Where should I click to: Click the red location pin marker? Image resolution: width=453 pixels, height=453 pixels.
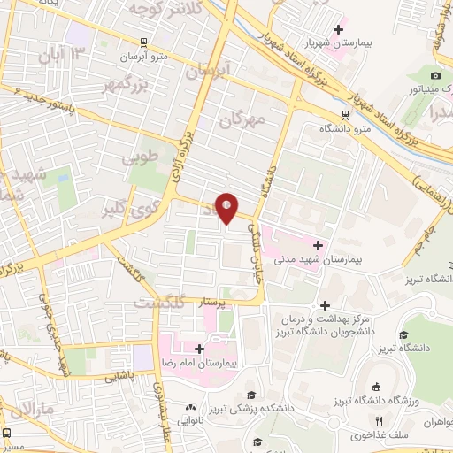point(227,207)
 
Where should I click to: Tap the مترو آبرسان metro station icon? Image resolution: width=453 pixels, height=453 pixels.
point(144,42)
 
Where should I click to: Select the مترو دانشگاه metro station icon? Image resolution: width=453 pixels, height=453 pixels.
point(345,114)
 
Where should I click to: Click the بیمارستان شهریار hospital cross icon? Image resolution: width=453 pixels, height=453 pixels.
point(334,29)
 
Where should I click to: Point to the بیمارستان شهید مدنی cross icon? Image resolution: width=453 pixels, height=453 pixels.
point(318,243)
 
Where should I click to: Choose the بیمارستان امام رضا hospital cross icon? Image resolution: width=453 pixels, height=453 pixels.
point(200,349)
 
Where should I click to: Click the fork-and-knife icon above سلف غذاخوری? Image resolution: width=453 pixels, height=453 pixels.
point(380,420)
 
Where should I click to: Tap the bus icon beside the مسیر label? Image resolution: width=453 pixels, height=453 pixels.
point(8,433)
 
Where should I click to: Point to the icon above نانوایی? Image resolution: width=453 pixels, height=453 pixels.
point(189,407)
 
